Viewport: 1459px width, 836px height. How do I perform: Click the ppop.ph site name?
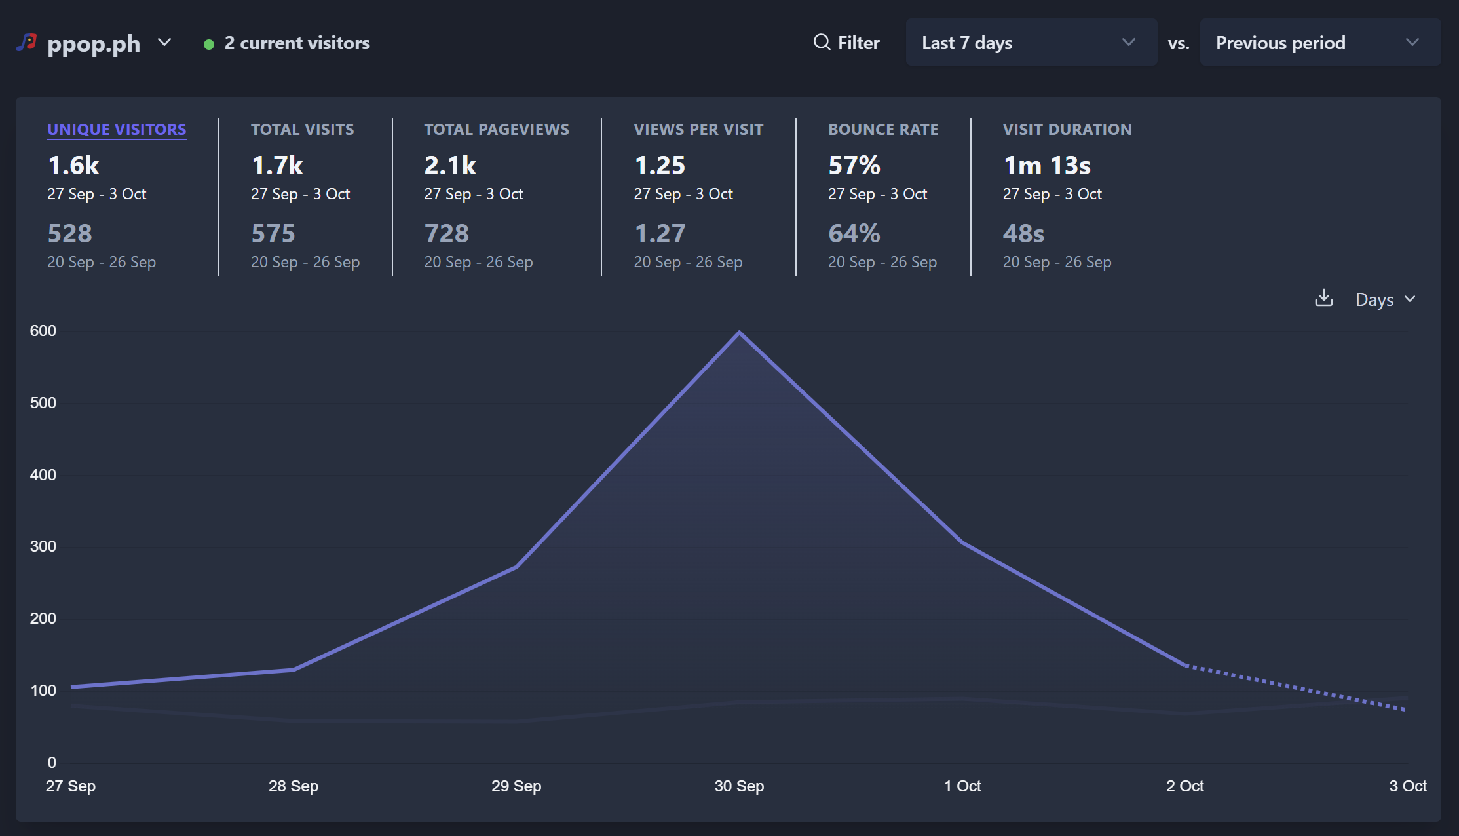(94, 43)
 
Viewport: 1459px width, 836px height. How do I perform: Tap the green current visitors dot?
(209, 45)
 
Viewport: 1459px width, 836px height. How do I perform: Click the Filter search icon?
(822, 43)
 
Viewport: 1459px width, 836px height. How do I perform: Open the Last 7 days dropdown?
(1031, 43)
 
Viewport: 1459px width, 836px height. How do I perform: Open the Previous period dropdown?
(1319, 43)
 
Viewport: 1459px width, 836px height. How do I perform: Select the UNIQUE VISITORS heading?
(117, 130)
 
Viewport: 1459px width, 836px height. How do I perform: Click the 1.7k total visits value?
(277, 166)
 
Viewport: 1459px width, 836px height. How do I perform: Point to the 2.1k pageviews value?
(450, 166)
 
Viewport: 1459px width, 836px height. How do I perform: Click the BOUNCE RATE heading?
(882, 130)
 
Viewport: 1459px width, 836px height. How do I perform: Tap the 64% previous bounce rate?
(854, 234)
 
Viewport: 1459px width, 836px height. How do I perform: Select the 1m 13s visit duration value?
(1046, 166)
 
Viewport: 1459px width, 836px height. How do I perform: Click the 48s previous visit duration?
(1023, 234)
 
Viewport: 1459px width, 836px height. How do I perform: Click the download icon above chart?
(1323, 298)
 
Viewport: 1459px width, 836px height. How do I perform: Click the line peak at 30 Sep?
(739, 333)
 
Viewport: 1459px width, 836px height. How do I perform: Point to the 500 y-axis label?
(43, 403)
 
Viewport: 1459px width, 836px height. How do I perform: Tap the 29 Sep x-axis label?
(516, 786)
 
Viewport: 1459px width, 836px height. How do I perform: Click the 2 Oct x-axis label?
(1184, 786)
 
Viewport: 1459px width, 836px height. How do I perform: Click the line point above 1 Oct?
(962, 542)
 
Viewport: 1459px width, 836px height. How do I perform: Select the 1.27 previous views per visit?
(660, 234)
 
